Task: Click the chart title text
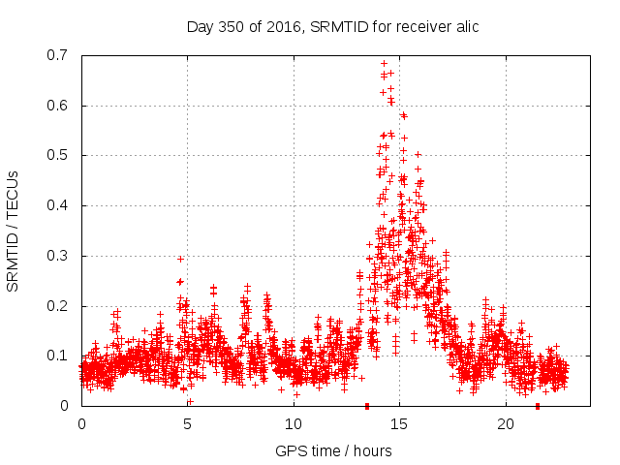(332, 27)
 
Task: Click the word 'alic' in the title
(465, 27)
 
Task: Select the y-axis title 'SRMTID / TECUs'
(13, 231)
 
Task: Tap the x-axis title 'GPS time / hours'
(333, 451)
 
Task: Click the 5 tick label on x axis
(188, 424)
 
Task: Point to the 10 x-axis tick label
(294, 424)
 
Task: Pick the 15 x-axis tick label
(400, 424)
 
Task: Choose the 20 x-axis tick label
(506, 424)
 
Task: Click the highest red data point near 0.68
(385, 64)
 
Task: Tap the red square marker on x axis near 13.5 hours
(367, 405)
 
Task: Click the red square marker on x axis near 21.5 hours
(538, 405)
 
